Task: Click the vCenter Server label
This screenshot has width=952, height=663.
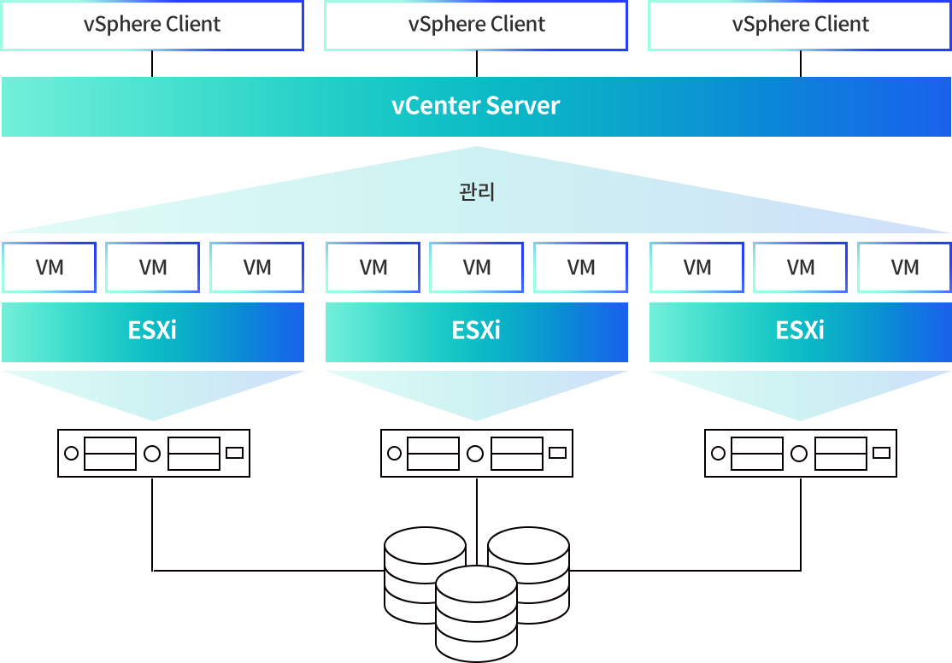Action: pos(476,106)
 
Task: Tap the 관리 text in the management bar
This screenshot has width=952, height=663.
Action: pos(477,191)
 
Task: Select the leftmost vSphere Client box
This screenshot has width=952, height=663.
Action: pos(152,25)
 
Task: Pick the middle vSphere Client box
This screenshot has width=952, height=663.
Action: pos(476,25)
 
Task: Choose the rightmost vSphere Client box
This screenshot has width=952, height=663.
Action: pos(800,25)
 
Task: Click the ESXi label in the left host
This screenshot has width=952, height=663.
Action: pos(152,331)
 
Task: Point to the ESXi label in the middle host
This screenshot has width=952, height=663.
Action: pos(476,331)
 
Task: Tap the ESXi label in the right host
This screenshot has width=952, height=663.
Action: pos(800,331)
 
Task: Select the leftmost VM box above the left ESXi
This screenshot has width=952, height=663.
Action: pos(50,267)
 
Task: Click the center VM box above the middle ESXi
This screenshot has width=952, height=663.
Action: pos(477,267)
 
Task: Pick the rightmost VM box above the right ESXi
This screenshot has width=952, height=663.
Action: pos(905,267)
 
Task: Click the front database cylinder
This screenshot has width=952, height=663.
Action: pos(476,615)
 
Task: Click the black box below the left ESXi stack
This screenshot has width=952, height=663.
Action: pos(154,453)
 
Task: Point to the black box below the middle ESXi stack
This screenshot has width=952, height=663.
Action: pos(477,453)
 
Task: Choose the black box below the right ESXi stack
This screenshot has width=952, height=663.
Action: pos(801,453)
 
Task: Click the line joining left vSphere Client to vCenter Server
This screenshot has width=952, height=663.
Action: pos(152,63)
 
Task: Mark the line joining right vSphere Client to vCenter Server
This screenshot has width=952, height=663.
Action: pos(801,63)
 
